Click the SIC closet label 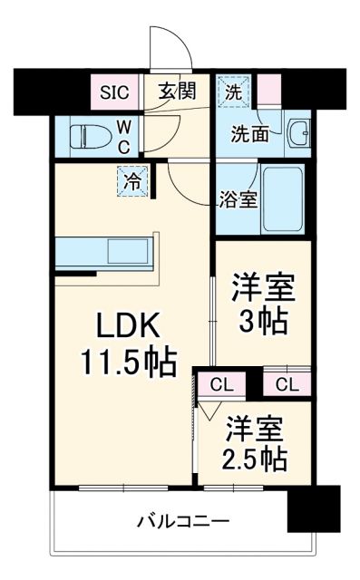114,91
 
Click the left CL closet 220,384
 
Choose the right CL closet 287,384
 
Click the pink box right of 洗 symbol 268,90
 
